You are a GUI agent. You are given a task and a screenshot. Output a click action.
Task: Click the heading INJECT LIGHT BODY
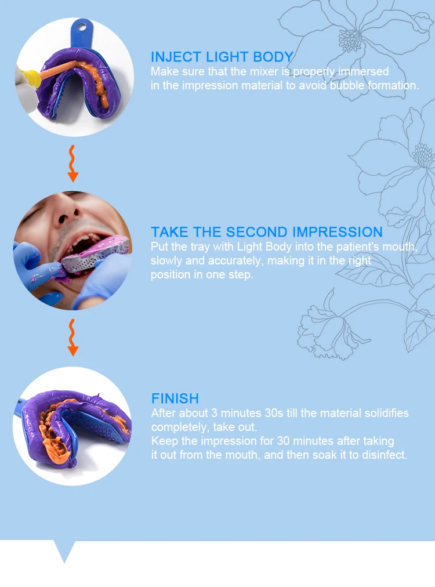pyautogui.click(x=222, y=57)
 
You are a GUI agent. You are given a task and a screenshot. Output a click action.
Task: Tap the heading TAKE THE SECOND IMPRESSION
pyautogui.click(x=267, y=232)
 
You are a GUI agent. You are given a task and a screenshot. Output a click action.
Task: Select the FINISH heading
pyautogui.click(x=175, y=398)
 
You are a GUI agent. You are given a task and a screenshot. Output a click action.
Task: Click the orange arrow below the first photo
pyautogui.click(x=73, y=164)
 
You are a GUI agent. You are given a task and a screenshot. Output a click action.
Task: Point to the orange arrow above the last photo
pyautogui.click(x=73, y=338)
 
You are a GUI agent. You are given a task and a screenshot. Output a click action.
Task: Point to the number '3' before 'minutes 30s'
pyautogui.click(x=214, y=414)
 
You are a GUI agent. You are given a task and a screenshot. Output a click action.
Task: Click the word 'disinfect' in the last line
pyautogui.click(x=383, y=455)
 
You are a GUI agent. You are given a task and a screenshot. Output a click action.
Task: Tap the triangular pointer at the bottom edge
pyautogui.click(x=64, y=551)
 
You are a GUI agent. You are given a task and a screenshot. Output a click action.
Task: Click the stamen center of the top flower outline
pyautogui.click(x=350, y=39)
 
